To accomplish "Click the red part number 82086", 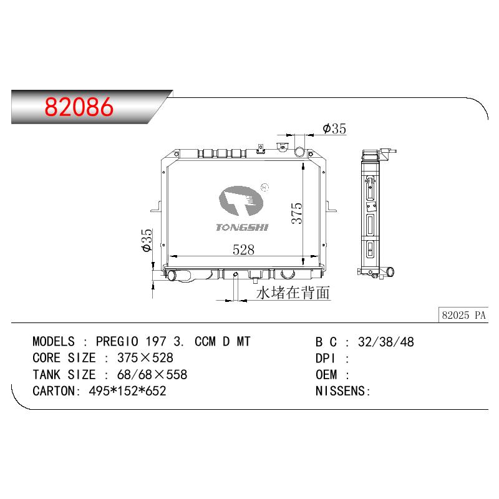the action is [x=79, y=107].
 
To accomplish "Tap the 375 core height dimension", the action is [x=297, y=213].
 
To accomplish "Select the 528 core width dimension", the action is [x=243, y=249].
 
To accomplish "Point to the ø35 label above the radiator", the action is [x=334, y=128].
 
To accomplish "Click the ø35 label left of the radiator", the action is [x=147, y=240].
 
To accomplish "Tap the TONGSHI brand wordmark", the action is [x=242, y=227].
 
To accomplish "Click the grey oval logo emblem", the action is [x=241, y=201].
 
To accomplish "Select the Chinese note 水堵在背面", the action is [x=293, y=293].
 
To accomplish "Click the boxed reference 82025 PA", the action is [x=463, y=315].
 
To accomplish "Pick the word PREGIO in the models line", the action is [x=117, y=341].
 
